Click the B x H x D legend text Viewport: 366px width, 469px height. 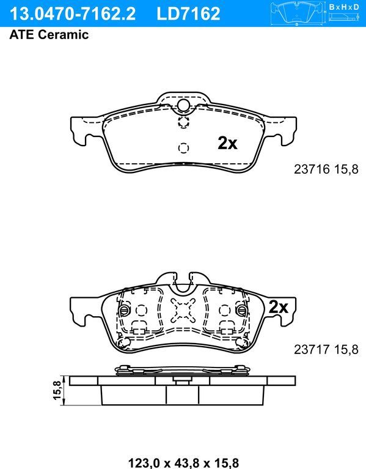(343, 7)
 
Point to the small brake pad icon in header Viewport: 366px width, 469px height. (297, 12)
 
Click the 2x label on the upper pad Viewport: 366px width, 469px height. (227, 143)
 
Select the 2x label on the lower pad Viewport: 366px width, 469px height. (278, 307)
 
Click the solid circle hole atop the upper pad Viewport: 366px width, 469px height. (183, 106)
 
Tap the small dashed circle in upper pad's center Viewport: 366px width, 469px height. (183, 147)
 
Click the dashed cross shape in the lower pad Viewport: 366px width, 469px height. (183, 311)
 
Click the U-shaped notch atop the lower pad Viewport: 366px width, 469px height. (183, 283)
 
